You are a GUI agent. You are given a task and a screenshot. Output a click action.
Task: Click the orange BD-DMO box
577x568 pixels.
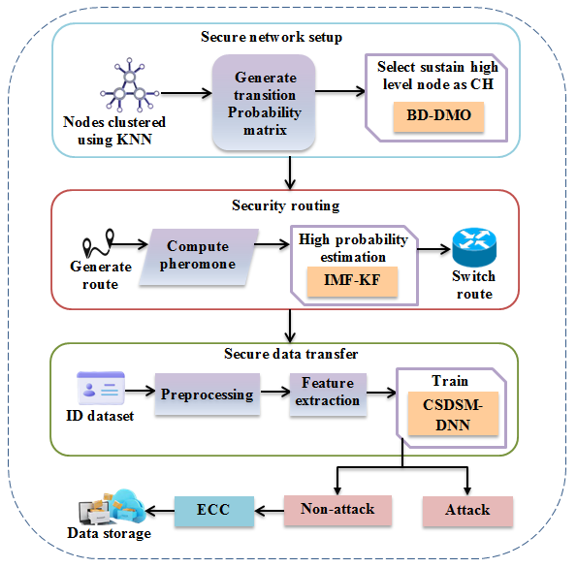tap(438, 116)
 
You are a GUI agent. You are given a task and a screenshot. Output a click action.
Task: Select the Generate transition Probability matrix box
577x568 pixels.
tap(264, 103)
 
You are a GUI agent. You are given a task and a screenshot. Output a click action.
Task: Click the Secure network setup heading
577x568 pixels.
tap(272, 37)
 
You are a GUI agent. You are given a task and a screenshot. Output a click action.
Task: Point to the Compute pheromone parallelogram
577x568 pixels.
tap(199, 257)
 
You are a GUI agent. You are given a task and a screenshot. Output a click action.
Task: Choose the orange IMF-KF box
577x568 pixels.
tap(352, 281)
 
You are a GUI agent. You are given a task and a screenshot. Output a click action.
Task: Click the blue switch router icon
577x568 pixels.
tap(474, 247)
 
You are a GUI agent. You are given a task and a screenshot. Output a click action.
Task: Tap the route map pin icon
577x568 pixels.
tap(98, 243)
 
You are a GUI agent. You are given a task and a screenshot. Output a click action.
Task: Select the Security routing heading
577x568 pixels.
tap(285, 205)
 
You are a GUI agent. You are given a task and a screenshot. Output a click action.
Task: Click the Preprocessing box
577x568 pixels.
tap(208, 394)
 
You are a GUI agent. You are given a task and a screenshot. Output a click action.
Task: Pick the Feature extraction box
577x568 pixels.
tap(328, 394)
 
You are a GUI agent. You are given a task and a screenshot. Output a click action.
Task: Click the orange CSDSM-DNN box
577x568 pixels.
tap(453, 414)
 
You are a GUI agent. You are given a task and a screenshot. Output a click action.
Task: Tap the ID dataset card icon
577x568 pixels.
tap(101, 388)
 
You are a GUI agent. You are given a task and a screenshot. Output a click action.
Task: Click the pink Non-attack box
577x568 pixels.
tap(337, 511)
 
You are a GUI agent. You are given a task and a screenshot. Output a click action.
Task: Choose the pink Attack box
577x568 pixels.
tap(467, 512)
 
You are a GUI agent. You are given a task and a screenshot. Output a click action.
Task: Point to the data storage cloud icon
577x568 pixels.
tap(112, 507)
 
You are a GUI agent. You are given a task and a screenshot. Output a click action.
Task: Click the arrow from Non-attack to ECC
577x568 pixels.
tap(269, 511)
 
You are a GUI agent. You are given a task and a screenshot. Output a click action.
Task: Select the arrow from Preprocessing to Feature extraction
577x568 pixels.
tap(275, 392)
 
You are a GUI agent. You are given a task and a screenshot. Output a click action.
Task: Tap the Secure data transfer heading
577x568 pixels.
tap(291, 354)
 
